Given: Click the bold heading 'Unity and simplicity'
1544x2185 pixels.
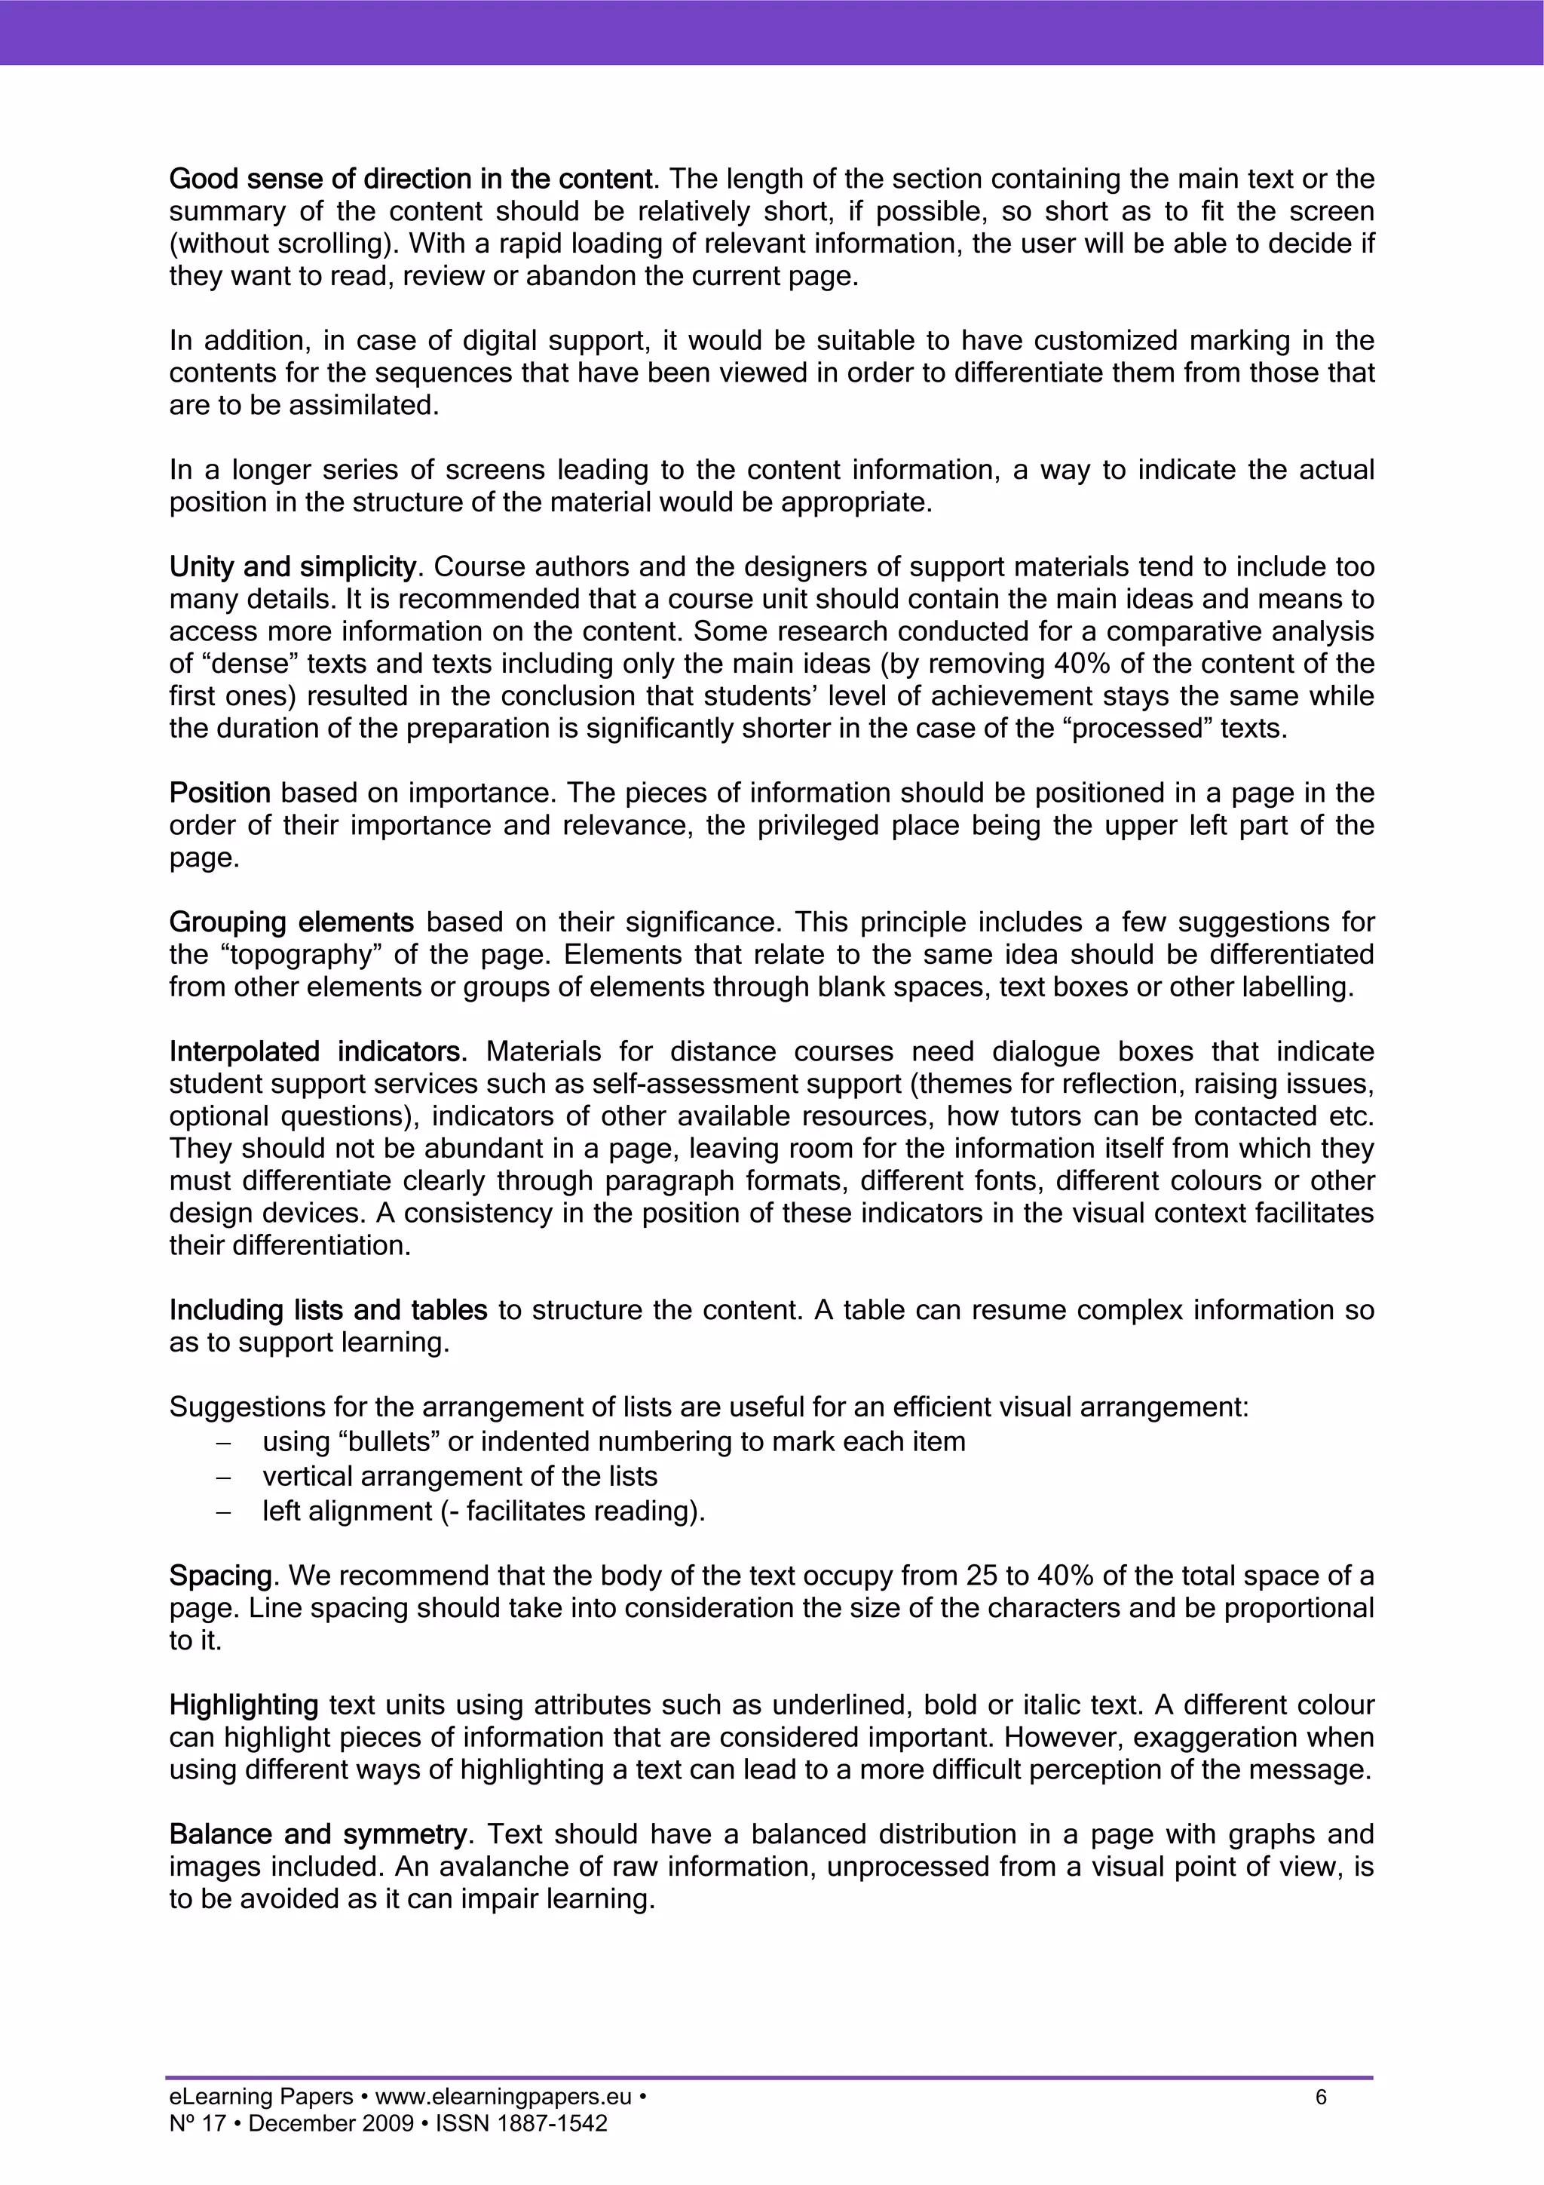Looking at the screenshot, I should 292,567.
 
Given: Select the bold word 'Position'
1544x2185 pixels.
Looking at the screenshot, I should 219,793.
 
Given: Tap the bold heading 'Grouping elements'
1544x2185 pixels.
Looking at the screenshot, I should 291,922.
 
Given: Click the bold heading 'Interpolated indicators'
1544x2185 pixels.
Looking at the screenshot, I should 317,1051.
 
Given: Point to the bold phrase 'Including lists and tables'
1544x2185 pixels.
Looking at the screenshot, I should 328,1310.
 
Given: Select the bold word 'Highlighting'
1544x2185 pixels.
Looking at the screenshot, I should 244,1705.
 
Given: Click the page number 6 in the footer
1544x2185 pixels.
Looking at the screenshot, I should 1320,2124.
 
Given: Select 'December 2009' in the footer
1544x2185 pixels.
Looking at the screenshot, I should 330,2150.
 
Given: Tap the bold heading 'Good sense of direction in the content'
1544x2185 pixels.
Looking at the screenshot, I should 412,179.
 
